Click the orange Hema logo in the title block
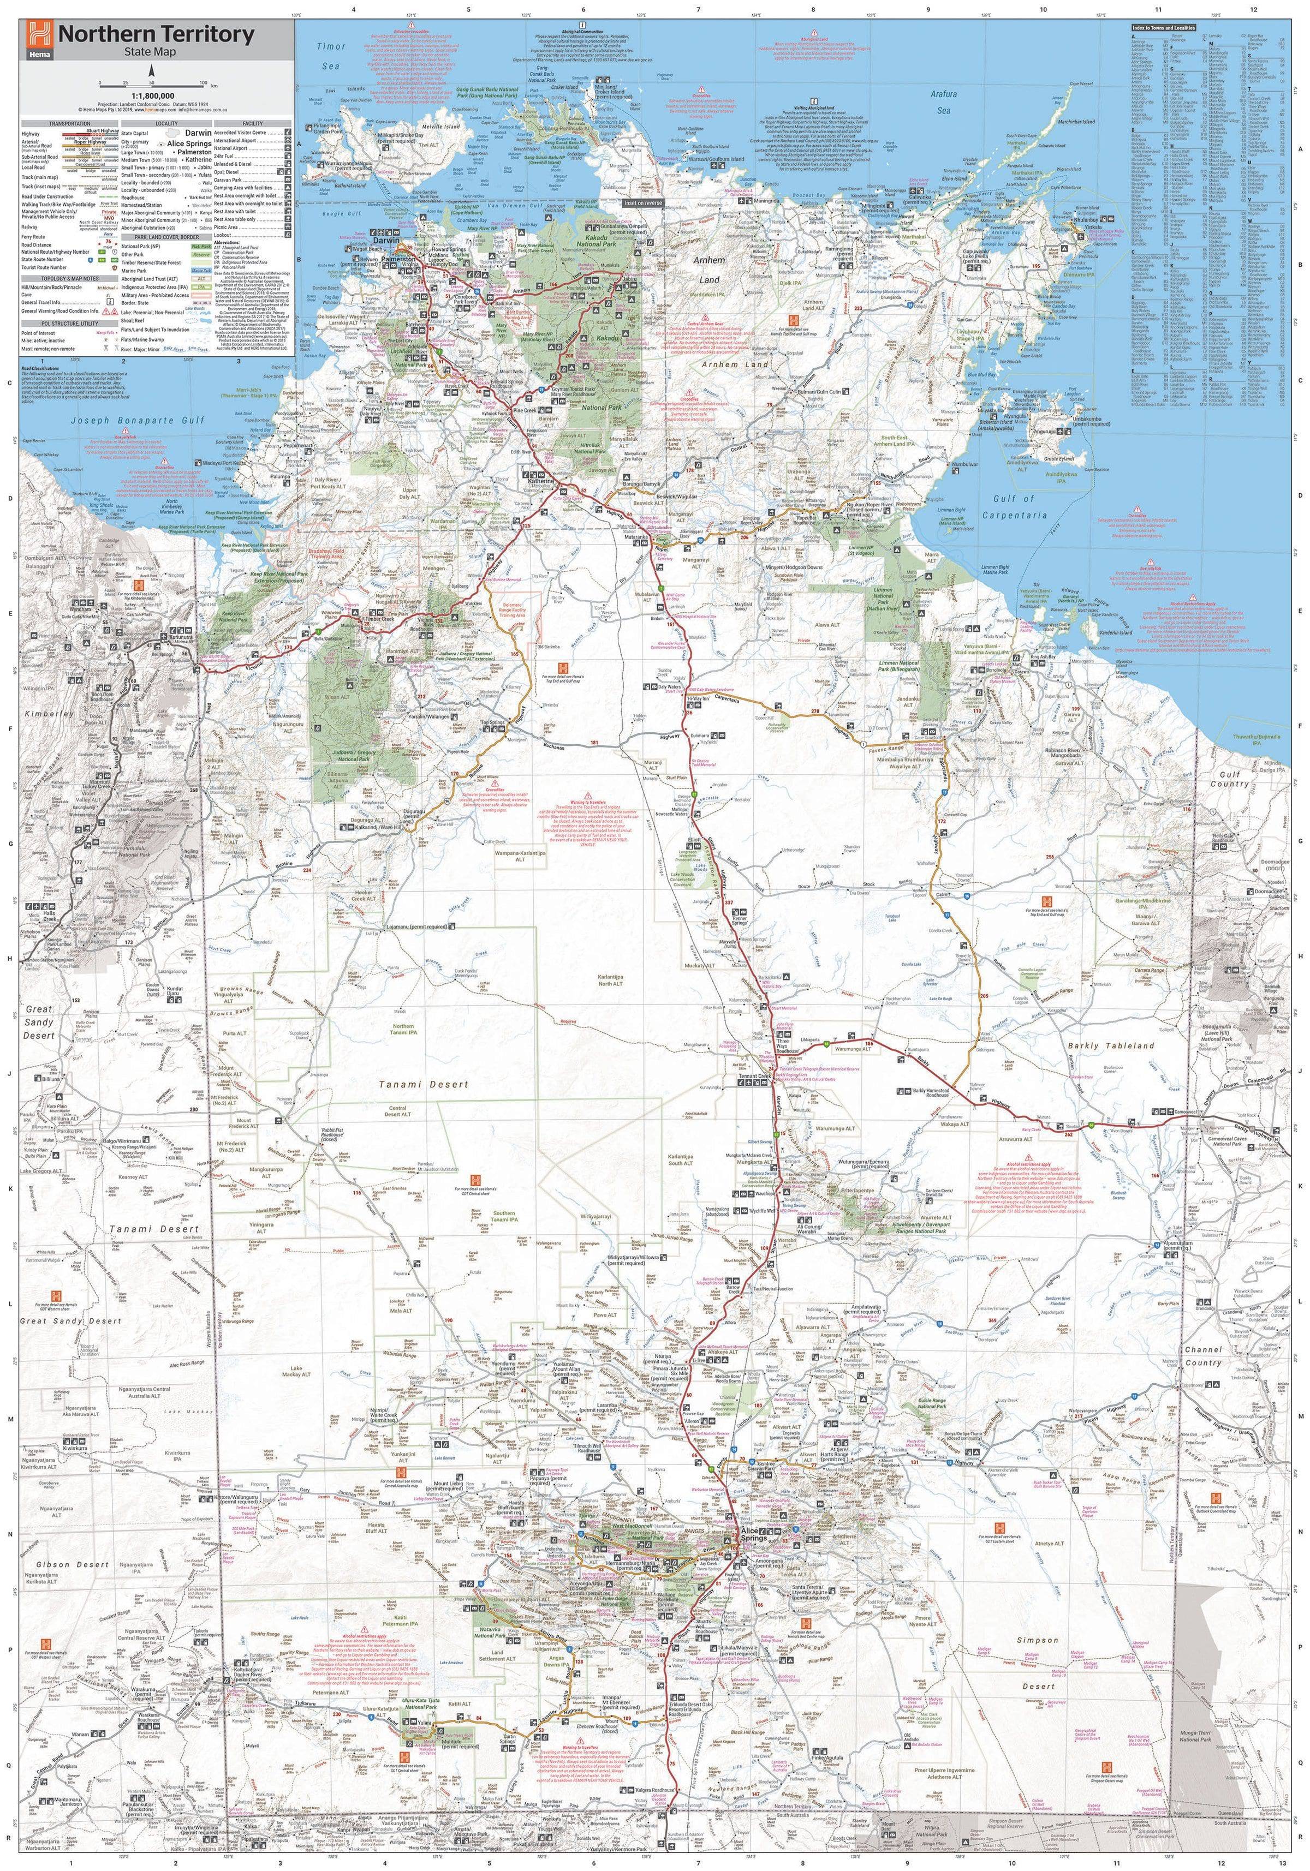click(x=36, y=36)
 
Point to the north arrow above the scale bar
click(x=152, y=71)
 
